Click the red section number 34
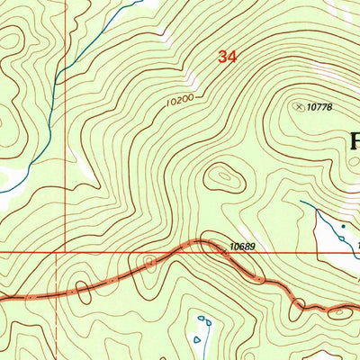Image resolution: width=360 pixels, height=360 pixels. click(x=227, y=57)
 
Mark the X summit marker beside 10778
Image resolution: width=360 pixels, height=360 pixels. click(x=299, y=106)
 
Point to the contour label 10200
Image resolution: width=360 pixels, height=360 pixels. click(x=179, y=103)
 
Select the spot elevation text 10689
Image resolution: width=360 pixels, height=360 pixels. click(x=241, y=245)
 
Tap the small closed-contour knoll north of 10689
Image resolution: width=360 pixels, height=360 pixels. click(x=221, y=176)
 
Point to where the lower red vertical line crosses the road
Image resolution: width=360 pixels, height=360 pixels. click(x=56, y=292)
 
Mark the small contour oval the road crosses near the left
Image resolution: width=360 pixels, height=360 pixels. click(x=82, y=289)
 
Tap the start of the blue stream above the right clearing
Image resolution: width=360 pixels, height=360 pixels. click(x=301, y=202)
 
